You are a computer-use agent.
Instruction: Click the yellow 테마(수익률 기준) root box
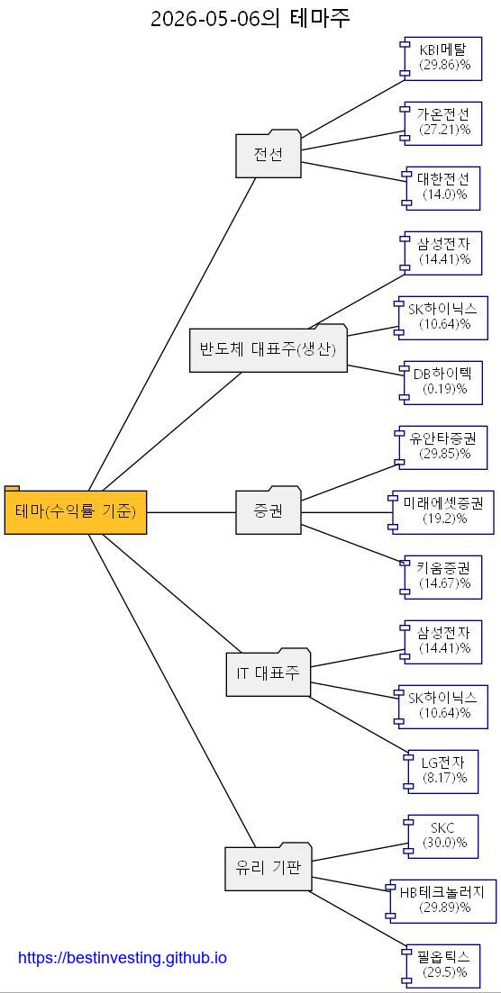click(76, 510)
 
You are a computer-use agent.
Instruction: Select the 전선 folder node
click(269, 154)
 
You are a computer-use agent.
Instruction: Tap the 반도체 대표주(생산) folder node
click(269, 348)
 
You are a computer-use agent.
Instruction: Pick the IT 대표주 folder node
click(269, 672)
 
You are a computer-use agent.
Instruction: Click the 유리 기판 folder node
click(269, 866)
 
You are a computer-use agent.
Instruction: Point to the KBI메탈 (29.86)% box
click(441, 59)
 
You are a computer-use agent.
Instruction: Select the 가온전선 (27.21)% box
click(441, 122)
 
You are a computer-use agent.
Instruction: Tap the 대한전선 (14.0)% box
click(442, 188)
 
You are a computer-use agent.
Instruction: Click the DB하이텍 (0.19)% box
click(441, 383)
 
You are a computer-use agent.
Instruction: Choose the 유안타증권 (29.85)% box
click(441, 447)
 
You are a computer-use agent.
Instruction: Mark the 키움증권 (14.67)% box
click(441, 577)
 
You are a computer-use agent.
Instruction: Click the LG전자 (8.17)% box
click(442, 772)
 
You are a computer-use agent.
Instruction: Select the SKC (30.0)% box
click(442, 836)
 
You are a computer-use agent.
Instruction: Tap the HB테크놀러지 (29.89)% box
click(441, 900)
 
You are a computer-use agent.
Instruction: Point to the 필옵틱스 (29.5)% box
click(442, 966)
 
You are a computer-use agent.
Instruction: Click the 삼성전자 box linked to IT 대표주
click(441, 642)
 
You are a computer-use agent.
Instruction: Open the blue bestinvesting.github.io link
click(123, 958)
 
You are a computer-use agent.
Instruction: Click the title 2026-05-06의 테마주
click(250, 18)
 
